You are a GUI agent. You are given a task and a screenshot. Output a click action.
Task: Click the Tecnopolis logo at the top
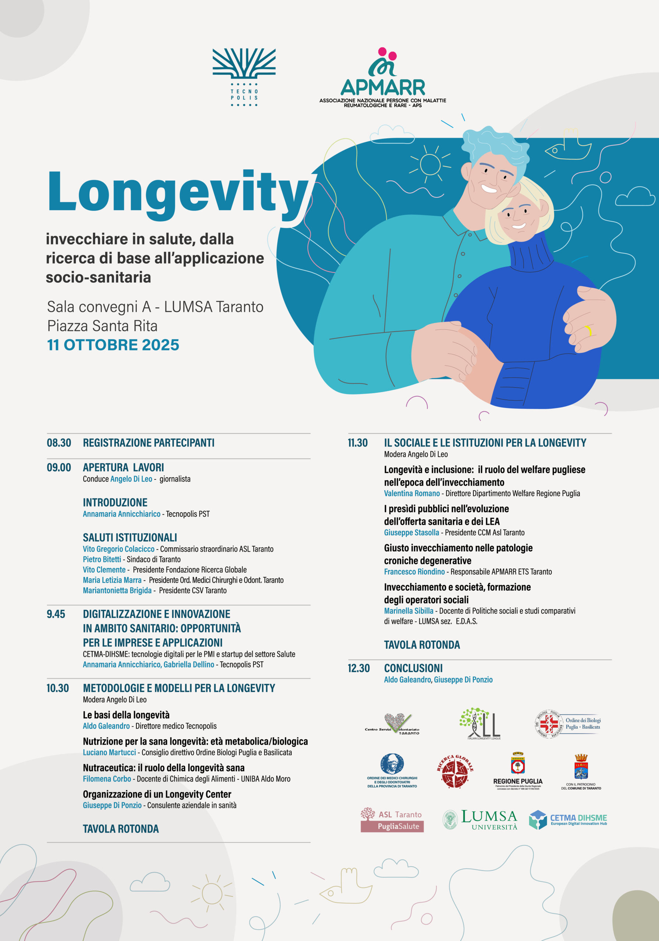244,77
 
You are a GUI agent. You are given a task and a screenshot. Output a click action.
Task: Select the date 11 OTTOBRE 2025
113,345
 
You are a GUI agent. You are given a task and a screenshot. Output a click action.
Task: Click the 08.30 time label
58,443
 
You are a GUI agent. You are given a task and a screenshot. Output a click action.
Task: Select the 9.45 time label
56,614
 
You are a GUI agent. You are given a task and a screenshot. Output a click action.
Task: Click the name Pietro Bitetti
102,559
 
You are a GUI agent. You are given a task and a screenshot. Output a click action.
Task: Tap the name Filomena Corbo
107,779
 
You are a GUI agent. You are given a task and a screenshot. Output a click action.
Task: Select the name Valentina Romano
412,493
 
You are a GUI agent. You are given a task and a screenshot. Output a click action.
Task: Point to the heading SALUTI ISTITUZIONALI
129,537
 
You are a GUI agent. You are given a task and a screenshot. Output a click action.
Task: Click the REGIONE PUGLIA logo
517,771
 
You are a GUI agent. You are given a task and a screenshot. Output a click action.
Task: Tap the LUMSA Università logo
481,820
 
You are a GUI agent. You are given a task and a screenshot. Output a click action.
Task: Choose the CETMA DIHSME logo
567,820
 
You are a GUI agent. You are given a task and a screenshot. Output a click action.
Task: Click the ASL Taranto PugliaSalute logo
392,820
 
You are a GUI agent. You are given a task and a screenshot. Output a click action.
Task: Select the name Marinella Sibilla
409,611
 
